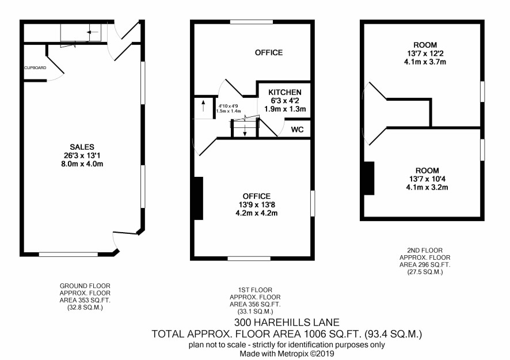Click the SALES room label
click(x=82, y=147)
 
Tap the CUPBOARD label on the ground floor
click(x=36, y=68)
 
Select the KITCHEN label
click(x=285, y=92)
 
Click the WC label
click(x=297, y=130)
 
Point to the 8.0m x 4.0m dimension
click(x=82, y=164)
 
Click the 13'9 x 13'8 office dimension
click(x=257, y=204)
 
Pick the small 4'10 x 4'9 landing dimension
click(x=229, y=106)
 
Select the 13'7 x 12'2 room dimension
click(x=425, y=54)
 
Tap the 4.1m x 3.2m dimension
click(x=427, y=187)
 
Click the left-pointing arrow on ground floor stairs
click(x=92, y=32)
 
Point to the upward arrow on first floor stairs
click(x=204, y=106)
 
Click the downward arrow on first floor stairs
click(x=245, y=130)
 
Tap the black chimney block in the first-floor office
click(x=199, y=198)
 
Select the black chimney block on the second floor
click(x=369, y=179)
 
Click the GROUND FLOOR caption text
click(x=85, y=286)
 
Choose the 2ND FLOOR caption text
click(x=425, y=251)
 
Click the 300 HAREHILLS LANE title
click(x=287, y=323)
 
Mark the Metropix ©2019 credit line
click(x=287, y=354)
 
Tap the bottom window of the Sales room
click(x=68, y=254)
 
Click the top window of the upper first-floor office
click(x=252, y=22)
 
